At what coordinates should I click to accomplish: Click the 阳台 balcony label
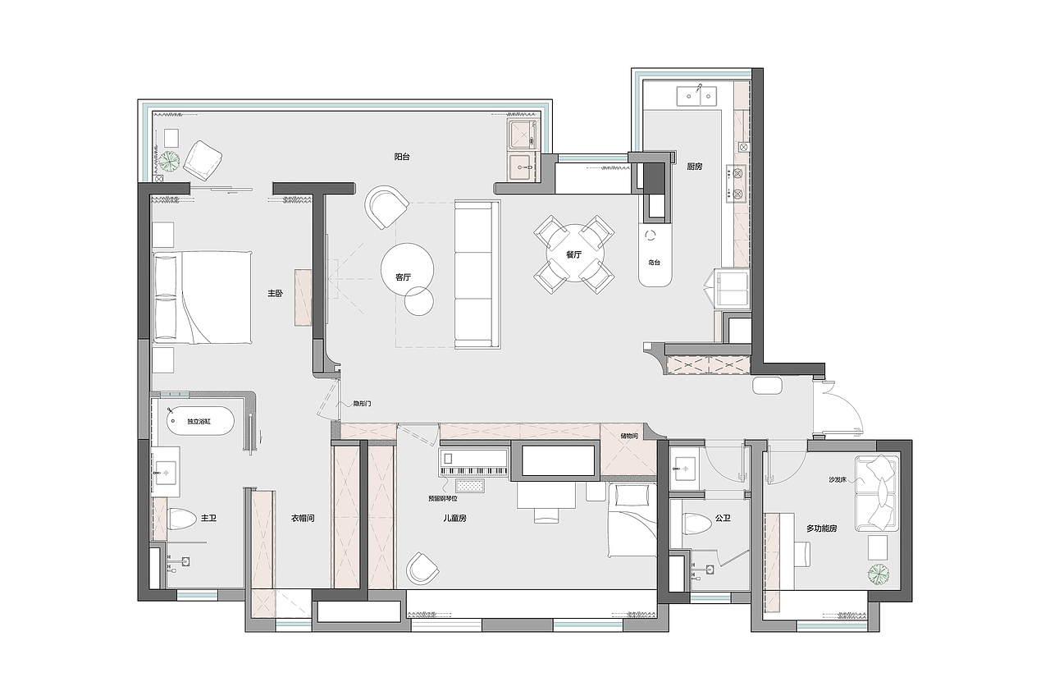coord(402,157)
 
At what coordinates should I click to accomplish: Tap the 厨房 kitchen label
coord(695,167)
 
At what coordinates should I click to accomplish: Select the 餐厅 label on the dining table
coord(573,254)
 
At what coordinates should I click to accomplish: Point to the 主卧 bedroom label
coord(275,294)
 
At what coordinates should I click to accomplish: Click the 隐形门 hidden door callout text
coord(362,404)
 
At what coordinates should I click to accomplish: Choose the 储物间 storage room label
coord(629,436)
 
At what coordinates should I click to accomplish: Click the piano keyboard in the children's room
coord(474,470)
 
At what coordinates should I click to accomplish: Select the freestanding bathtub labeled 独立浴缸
coord(200,421)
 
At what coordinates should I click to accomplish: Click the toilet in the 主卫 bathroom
coord(181,519)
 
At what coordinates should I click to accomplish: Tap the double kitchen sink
coord(696,96)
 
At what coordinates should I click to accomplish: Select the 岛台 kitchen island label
coord(655,263)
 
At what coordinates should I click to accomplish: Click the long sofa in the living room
coord(477,275)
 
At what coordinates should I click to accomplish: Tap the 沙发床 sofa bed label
coord(838,479)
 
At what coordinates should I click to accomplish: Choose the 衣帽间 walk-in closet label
coord(303,518)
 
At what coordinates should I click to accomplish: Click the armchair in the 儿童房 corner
coord(422,569)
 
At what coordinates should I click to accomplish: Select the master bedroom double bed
coord(203,297)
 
